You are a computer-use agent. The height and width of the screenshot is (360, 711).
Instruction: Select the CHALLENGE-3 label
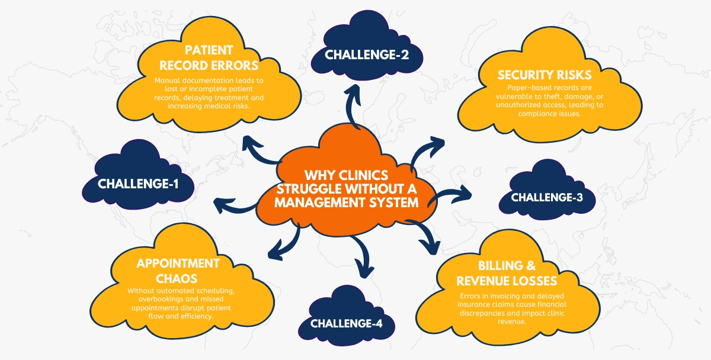pyautogui.click(x=547, y=197)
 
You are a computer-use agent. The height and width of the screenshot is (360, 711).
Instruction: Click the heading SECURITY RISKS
pyautogui.click(x=544, y=75)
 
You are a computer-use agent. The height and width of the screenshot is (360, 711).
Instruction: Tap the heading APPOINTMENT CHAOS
pyautogui.click(x=178, y=270)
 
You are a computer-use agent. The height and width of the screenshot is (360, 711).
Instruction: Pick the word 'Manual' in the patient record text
pyautogui.click(x=169, y=80)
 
